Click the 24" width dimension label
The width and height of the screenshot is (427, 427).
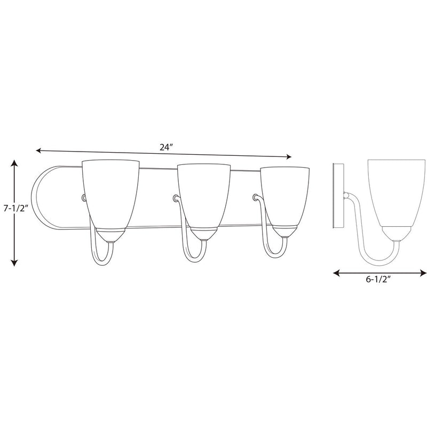167,147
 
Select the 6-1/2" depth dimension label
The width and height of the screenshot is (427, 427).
378,279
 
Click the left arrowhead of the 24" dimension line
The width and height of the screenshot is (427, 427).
38,151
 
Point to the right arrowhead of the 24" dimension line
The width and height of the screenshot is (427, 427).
289,156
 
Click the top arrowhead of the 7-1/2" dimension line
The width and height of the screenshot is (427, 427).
14,163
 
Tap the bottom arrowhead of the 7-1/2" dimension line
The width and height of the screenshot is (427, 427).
14,263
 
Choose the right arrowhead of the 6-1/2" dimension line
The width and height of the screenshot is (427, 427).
423,273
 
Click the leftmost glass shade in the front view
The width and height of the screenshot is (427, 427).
110,194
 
